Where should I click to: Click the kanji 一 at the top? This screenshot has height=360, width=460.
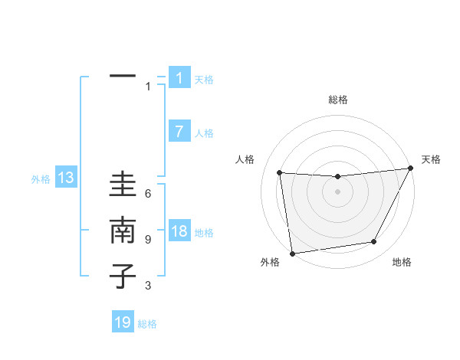[123, 77]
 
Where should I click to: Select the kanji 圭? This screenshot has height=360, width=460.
[123, 187]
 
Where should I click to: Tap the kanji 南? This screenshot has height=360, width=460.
[123, 232]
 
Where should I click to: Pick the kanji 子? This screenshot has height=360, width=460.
[123, 277]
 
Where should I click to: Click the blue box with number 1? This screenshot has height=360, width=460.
[179, 77]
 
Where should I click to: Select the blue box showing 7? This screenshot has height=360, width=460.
[179, 132]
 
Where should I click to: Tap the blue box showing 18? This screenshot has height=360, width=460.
[179, 231]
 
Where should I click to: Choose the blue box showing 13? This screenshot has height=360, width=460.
[65, 178]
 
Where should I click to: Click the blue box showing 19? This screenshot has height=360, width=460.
[123, 322]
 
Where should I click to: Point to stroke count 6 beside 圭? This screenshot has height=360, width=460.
[148, 194]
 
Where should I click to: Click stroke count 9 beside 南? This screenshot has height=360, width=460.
[148, 240]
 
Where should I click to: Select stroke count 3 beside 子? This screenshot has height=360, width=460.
[148, 286]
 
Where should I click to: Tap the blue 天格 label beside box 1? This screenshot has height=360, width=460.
[204, 79]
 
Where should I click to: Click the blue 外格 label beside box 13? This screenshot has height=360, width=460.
[41, 179]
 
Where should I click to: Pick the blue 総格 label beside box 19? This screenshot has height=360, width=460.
[148, 324]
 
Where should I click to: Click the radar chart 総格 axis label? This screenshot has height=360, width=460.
[338, 100]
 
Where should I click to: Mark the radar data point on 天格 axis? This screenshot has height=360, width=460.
[410, 169]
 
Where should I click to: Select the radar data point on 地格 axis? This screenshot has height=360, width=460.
[374, 242]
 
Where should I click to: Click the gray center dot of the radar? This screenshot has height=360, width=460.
[337, 191]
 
